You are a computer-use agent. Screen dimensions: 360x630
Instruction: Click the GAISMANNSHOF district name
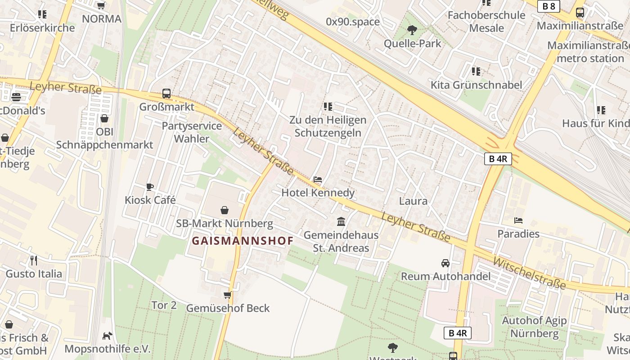[243, 241]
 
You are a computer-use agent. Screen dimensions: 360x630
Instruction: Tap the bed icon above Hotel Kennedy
[318, 180]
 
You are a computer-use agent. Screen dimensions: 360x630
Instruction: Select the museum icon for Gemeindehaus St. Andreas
[341, 222]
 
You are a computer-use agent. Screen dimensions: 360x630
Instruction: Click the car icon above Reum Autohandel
[445, 263]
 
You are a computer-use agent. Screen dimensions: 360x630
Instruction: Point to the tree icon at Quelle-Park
[412, 30]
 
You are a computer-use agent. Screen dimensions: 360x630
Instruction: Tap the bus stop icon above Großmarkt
[166, 94]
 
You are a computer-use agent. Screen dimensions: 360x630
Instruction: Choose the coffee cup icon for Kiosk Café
[150, 187]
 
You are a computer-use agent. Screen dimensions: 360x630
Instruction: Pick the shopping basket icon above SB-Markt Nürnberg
[225, 210]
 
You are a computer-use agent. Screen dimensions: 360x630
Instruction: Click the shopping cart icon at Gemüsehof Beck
[228, 295]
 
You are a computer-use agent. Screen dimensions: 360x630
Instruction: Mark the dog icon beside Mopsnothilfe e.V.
[107, 336]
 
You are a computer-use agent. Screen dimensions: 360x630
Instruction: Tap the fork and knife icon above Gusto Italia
[34, 260]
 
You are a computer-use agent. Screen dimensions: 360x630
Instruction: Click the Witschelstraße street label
[529, 273]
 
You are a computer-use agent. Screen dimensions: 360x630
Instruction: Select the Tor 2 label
[164, 305]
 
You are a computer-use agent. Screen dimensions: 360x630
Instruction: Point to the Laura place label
[413, 201]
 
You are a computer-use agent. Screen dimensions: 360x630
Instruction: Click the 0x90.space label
[353, 22]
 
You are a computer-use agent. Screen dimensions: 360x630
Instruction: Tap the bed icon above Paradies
[518, 220]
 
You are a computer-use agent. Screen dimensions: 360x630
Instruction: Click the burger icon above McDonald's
[17, 97]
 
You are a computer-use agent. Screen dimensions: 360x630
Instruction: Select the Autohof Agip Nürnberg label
[535, 327]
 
